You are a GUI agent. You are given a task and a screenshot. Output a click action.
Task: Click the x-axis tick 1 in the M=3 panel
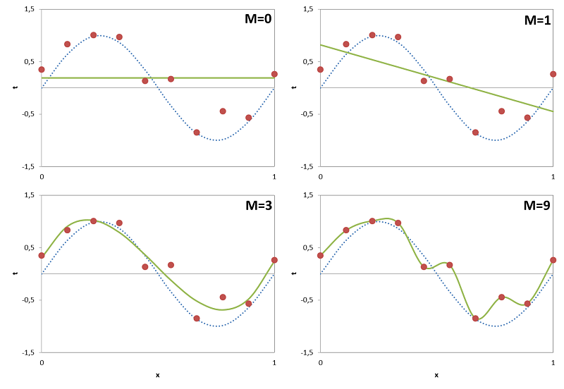(x=274, y=362)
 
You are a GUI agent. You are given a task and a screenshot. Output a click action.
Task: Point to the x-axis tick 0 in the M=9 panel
(x=321, y=362)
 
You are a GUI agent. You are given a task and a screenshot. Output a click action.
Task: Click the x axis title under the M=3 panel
(x=157, y=375)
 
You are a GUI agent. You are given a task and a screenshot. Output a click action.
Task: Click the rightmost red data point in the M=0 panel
(x=274, y=74)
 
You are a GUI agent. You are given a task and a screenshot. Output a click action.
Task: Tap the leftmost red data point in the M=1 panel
(x=321, y=69)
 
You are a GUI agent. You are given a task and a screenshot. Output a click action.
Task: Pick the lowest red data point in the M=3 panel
(x=197, y=319)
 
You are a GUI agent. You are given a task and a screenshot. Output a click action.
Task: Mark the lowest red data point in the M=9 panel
(x=476, y=319)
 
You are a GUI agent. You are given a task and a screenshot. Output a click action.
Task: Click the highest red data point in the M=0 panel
(x=94, y=35)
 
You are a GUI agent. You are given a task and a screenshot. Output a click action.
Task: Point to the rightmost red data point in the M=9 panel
(x=553, y=260)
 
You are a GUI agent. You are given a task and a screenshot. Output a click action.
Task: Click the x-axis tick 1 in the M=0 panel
(x=274, y=176)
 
